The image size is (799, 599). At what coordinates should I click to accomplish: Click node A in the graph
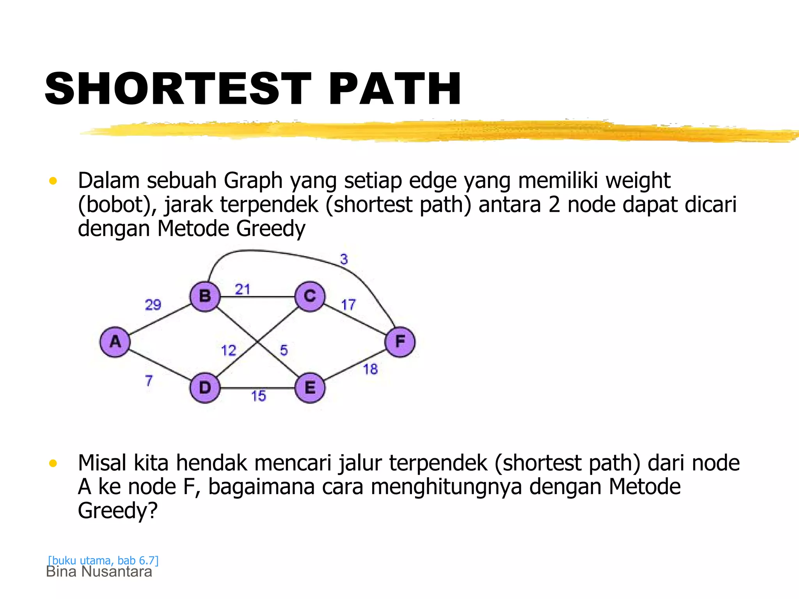coord(115,342)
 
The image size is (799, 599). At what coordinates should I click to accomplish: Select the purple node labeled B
coord(205,296)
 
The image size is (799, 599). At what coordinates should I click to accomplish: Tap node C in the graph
coord(310,296)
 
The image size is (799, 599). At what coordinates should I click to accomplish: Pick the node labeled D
coord(205,388)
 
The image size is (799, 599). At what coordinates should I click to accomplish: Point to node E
coord(310,388)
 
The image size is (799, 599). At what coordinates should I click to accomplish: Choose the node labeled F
coord(400,342)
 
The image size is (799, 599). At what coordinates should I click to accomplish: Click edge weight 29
coord(153,305)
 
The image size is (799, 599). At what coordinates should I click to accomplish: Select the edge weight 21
coord(242,289)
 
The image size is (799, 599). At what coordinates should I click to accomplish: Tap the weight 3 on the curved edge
coord(344,259)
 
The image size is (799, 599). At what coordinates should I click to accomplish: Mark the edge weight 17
coord(348,305)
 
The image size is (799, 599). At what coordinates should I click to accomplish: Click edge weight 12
coord(229,351)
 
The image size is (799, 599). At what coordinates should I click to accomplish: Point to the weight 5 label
coord(284,350)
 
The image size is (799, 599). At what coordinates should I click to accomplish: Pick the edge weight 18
coord(371,369)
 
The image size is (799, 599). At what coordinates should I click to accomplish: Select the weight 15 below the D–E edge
coord(258,396)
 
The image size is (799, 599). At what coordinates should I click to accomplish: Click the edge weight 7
coord(149,381)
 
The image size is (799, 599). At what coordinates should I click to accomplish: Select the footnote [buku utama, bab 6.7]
coord(103,560)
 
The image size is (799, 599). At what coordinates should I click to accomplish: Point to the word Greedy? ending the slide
coord(118,510)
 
